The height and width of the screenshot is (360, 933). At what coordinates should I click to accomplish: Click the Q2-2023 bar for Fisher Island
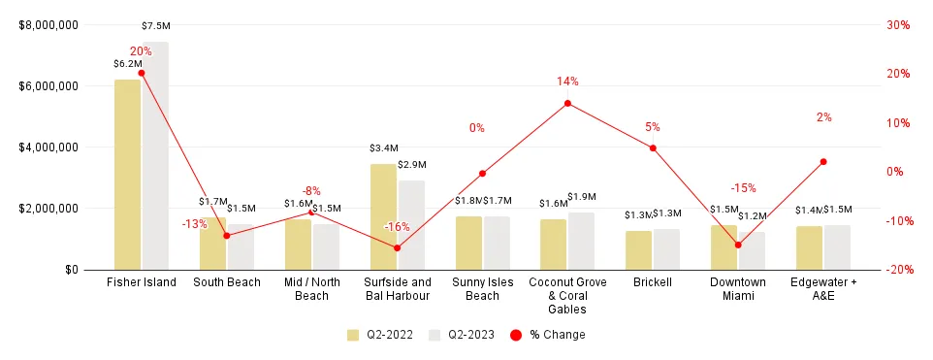(155, 155)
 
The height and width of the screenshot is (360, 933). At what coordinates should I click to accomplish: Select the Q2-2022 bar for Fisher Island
(127, 175)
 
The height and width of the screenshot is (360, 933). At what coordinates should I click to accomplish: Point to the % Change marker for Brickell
(653, 148)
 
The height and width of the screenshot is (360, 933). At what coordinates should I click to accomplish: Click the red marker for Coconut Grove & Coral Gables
(567, 103)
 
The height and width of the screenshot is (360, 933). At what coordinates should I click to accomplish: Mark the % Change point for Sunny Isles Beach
(482, 174)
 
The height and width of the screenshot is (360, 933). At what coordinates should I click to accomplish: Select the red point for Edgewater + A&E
(823, 162)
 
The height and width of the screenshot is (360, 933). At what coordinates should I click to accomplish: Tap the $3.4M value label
(384, 148)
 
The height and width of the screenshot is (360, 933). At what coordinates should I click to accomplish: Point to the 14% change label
(567, 82)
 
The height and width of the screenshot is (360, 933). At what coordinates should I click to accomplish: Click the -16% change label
(397, 227)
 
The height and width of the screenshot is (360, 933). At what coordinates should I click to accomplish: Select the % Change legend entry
(548, 335)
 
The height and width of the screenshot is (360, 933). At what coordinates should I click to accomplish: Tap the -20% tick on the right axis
(896, 270)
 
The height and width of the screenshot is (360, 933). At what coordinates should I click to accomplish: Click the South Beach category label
(226, 283)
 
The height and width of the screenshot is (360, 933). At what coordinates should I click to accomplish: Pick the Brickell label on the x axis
(653, 283)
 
